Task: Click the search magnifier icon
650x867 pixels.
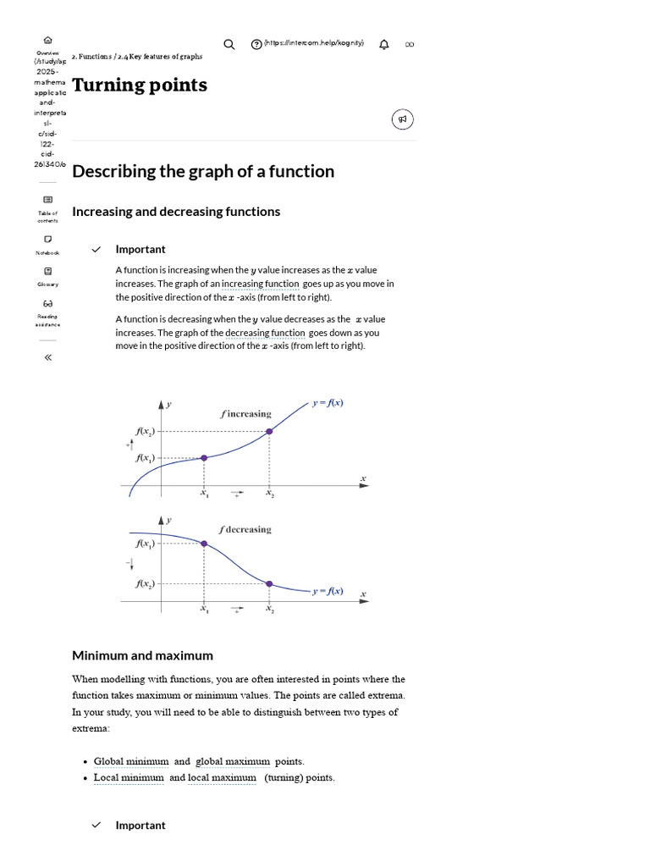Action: click(x=229, y=44)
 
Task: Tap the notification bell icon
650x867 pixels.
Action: click(x=384, y=44)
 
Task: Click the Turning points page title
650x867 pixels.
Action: click(x=140, y=85)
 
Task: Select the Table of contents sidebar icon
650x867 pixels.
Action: click(x=47, y=200)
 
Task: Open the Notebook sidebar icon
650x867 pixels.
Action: click(x=47, y=239)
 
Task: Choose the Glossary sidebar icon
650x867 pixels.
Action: click(x=47, y=271)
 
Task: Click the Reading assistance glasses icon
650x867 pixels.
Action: click(x=47, y=303)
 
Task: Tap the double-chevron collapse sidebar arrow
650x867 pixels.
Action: click(x=47, y=357)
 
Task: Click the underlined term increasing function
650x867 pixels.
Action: click(x=260, y=284)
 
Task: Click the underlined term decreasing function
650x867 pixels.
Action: click(x=265, y=333)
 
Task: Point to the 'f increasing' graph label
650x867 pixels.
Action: click(x=246, y=414)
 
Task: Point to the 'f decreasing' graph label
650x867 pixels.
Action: click(x=245, y=529)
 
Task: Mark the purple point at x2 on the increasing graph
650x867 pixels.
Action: click(x=269, y=431)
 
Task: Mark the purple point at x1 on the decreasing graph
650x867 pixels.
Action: click(x=204, y=543)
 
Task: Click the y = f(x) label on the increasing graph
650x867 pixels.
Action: click(x=328, y=403)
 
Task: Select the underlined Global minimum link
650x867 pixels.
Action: click(x=131, y=761)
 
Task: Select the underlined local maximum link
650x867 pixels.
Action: click(x=222, y=777)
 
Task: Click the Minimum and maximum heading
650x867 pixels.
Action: click(x=142, y=655)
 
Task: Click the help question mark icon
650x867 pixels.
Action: click(x=256, y=44)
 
